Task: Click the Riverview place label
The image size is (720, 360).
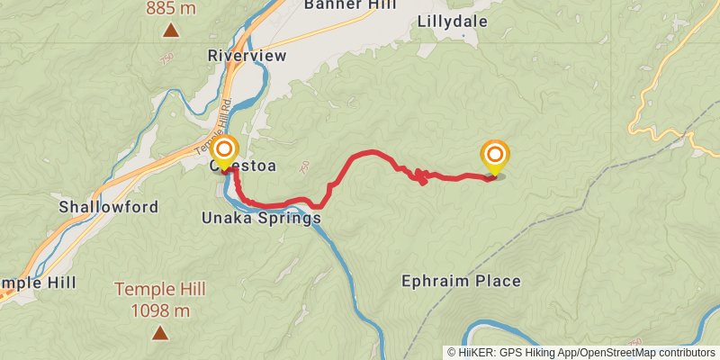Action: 247,56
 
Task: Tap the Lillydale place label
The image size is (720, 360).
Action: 452,22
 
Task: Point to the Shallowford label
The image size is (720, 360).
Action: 108,207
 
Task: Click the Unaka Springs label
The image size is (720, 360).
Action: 261,219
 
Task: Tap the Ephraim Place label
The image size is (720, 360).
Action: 461,281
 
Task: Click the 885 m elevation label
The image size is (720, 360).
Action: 170,9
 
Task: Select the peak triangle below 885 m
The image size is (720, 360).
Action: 170,31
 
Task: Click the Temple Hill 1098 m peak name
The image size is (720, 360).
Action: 160,289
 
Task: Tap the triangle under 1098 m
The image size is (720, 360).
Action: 160,333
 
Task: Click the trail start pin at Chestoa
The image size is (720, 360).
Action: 224,151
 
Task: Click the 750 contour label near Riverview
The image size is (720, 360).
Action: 166,59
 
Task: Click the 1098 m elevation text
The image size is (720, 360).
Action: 160,311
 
